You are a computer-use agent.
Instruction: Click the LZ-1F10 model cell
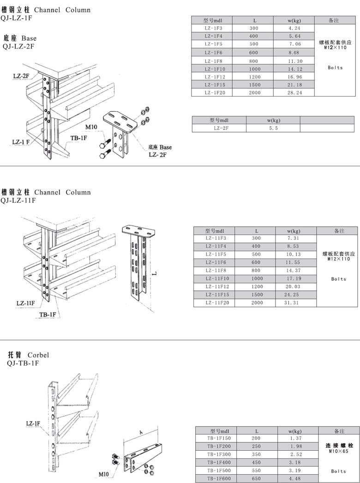pos(215,69)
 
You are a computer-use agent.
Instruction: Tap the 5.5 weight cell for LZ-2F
pos(273,128)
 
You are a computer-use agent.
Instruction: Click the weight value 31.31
pos(291,303)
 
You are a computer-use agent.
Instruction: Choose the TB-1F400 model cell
pos(219,462)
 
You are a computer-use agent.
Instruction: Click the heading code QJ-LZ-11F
pos(18,200)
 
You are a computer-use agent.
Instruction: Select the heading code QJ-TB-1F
pos(23,363)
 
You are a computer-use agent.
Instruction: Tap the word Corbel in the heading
pos(38,355)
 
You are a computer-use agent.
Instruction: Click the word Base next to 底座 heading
pos(29,38)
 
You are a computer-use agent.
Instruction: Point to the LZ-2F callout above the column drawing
pos(21,75)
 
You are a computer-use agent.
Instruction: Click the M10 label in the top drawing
pos(91,127)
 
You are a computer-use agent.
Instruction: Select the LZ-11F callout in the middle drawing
pos(25,303)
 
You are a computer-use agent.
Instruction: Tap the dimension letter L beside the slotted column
pos(155,273)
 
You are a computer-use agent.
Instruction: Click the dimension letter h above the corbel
pos(141,433)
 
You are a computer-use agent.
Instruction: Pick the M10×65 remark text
pos(338,451)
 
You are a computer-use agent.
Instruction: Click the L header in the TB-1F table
pos(257,431)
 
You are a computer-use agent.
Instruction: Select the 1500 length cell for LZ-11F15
pos(257,295)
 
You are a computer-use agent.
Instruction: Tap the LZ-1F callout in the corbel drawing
pos(33,424)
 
